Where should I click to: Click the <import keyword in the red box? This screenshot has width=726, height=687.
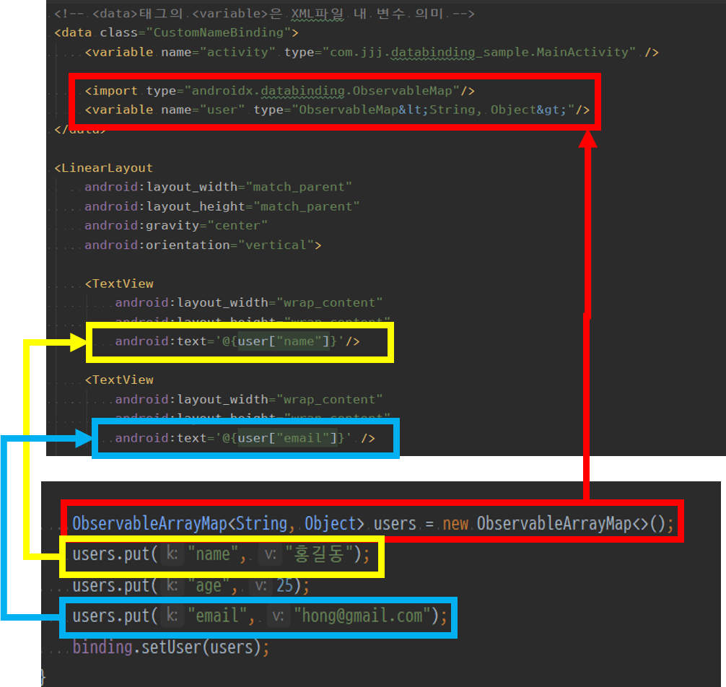[111, 91]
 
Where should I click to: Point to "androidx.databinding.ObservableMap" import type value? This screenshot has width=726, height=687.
[323, 91]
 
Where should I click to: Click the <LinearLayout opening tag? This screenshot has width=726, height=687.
[104, 168]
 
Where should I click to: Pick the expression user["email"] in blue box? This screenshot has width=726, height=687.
[287, 438]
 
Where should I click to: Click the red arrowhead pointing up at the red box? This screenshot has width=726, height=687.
[588, 139]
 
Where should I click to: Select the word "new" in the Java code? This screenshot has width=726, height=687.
[455, 523]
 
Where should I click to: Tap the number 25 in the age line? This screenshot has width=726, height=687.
[284, 586]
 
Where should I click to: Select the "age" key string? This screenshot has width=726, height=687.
[209, 586]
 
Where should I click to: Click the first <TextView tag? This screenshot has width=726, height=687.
[119, 284]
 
